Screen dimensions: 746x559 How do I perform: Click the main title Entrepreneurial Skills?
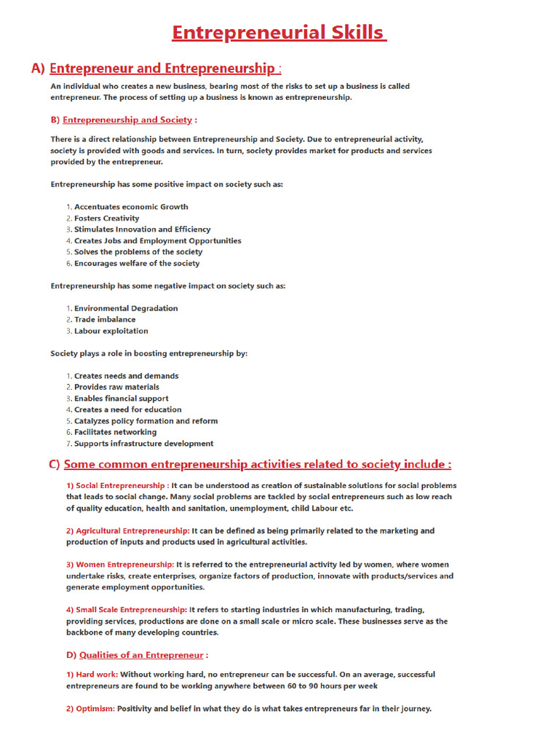279,33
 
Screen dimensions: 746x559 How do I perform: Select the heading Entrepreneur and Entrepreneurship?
162,68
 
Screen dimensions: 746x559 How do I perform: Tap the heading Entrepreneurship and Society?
127,119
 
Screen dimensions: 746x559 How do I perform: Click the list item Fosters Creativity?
106,218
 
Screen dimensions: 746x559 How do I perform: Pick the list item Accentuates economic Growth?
131,207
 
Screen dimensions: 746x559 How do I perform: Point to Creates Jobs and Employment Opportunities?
157,240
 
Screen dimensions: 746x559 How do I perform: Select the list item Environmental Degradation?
126,308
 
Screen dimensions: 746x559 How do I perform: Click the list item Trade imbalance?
105,319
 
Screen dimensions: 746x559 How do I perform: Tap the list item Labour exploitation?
111,331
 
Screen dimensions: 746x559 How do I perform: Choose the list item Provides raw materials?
116,387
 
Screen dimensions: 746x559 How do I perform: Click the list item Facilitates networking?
115,432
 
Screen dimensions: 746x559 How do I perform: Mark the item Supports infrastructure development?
143,444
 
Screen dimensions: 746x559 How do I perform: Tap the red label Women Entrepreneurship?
120,565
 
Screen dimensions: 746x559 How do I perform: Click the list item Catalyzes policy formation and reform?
146,421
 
